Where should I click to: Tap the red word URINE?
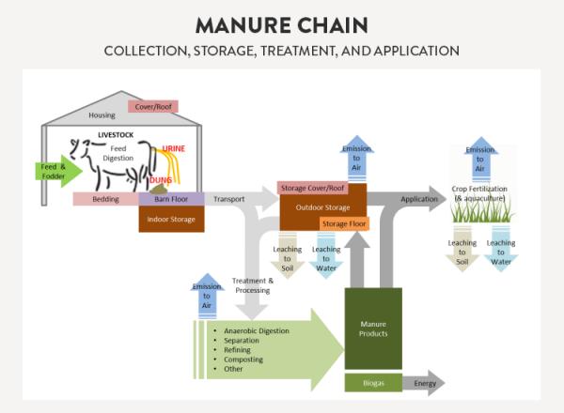(x=173, y=149)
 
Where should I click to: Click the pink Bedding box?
(x=105, y=199)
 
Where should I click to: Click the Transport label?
(x=229, y=199)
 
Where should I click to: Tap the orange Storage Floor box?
(x=344, y=223)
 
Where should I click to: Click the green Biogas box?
(x=373, y=383)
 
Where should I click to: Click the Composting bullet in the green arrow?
(x=243, y=359)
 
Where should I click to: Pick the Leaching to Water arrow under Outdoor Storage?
(x=326, y=254)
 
